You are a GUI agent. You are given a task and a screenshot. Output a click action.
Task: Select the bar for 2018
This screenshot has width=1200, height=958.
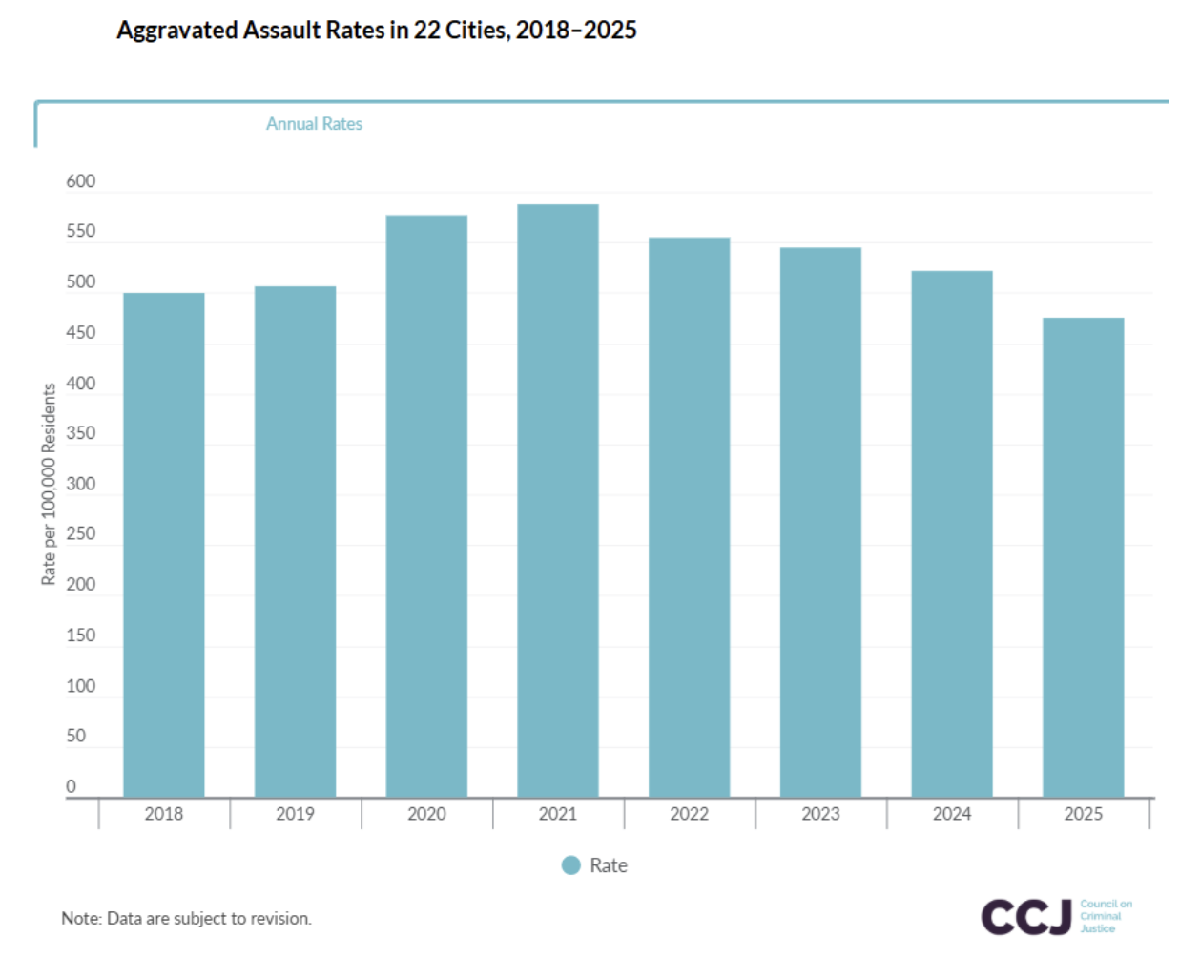click(x=164, y=544)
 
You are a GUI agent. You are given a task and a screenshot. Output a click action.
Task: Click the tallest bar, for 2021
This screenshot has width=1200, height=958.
click(x=558, y=501)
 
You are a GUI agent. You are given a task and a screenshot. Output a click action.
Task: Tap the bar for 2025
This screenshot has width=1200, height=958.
click(x=1083, y=557)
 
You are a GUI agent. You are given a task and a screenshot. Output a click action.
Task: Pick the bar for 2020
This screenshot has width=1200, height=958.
click(x=426, y=506)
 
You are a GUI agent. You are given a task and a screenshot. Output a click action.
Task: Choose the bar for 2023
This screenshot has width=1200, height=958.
click(x=820, y=522)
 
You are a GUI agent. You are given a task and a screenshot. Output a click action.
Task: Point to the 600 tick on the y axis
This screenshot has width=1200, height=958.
click(x=81, y=181)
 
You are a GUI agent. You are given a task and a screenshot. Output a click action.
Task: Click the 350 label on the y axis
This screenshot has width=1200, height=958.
click(x=81, y=433)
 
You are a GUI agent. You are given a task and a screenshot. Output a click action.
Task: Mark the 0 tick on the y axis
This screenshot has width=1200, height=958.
click(x=71, y=786)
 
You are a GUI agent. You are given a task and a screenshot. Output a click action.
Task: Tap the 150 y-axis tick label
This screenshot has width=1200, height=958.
click(x=81, y=635)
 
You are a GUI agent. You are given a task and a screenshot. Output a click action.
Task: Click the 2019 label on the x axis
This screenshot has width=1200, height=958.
click(x=295, y=814)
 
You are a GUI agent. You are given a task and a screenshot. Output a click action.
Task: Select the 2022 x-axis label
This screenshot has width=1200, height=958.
click(x=689, y=814)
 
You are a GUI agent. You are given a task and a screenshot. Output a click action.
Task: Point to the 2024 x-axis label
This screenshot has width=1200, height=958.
click(x=952, y=814)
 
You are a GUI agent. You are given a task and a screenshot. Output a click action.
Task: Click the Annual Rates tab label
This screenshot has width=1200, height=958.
click(x=314, y=124)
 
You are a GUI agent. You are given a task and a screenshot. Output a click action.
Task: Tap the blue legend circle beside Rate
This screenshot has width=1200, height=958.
click(x=571, y=865)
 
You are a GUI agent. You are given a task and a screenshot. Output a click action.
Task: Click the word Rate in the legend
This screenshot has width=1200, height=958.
click(x=609, y=865)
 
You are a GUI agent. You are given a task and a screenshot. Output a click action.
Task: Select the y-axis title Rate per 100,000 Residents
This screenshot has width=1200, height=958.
click(x=49, y=484)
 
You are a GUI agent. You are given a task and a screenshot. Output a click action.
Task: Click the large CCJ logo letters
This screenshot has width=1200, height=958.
click(x=1025, y=917)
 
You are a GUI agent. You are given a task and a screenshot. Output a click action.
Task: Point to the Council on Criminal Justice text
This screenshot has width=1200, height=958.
click(x=1106, y=916)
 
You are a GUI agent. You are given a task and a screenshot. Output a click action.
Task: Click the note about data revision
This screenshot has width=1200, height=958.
click(x=186, y=918)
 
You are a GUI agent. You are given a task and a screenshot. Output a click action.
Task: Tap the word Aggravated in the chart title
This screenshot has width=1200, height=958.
click(x=177, y=31)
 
